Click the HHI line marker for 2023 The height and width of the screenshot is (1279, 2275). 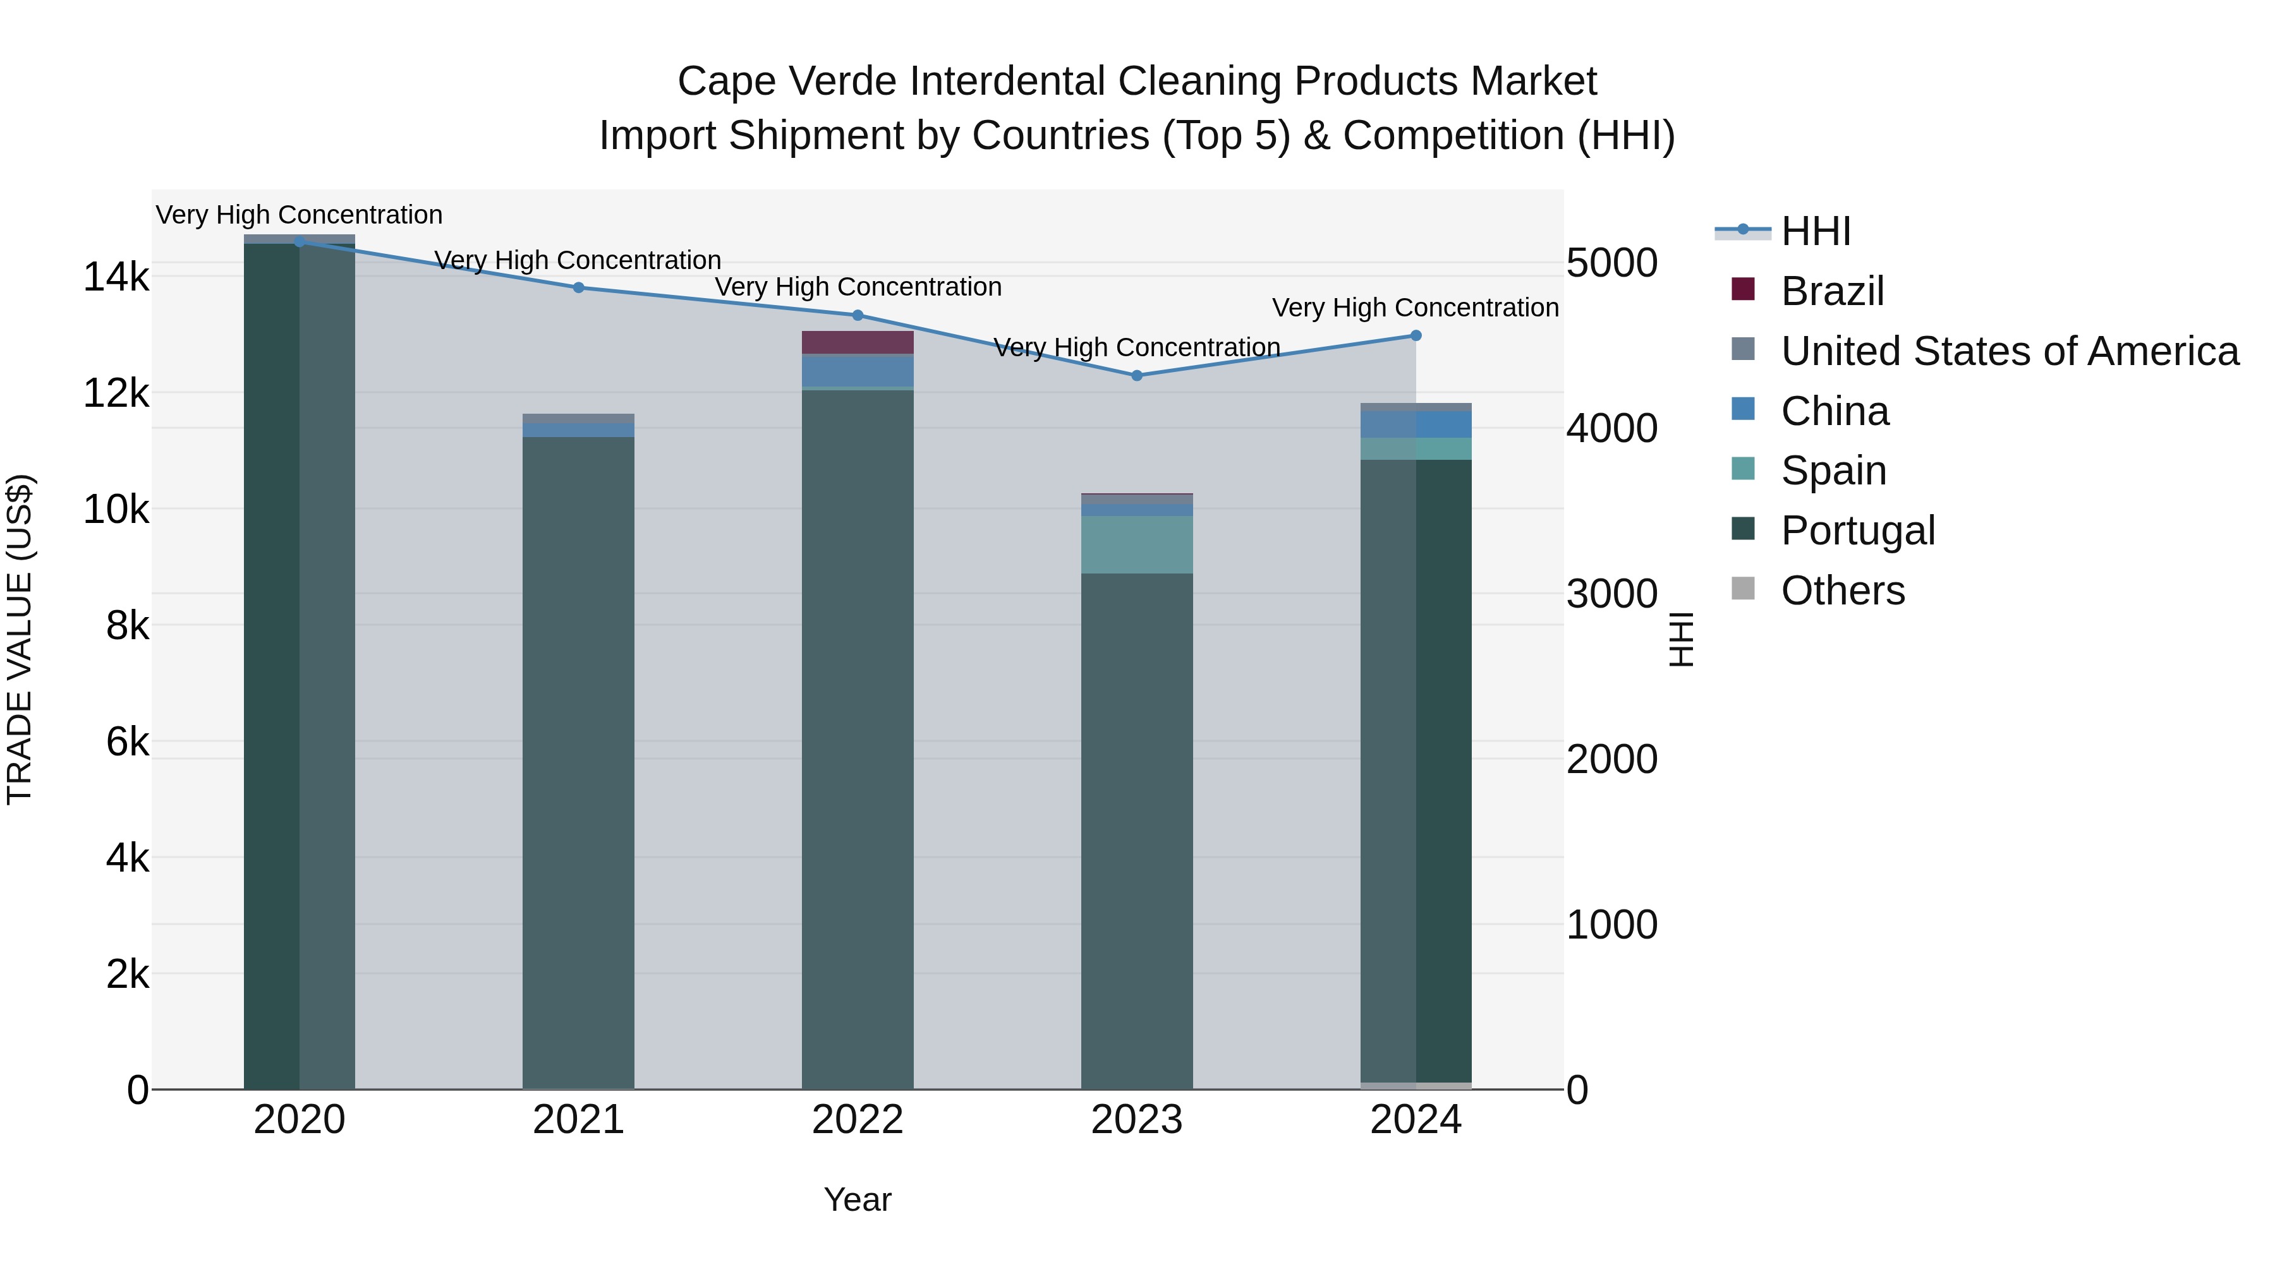coord(1137,376)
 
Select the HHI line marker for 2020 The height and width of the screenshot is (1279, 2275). coord(300,241)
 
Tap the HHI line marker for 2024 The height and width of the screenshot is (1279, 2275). coord(1416,335)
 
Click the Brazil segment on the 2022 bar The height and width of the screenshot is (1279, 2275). coord(858,342)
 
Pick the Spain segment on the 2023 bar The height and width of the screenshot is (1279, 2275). coord(1137,544)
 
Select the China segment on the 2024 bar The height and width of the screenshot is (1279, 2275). coord(1416,424)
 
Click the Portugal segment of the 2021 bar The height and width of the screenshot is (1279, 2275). coord(578,759)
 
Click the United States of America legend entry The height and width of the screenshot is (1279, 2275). coord(2009,351)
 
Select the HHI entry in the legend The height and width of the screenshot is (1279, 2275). coord(1815,231)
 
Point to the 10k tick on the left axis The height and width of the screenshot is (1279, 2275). coord(116,509)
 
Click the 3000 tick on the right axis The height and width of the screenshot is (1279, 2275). coord(1611,594)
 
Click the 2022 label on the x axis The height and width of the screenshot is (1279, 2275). coord(858,1120)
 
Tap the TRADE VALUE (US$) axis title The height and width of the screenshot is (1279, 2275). coord(20,640)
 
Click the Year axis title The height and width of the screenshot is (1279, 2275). coord(858,1199)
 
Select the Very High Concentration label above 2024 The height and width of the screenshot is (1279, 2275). coord(1415,308)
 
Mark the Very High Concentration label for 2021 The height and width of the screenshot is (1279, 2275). coord(578,260)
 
